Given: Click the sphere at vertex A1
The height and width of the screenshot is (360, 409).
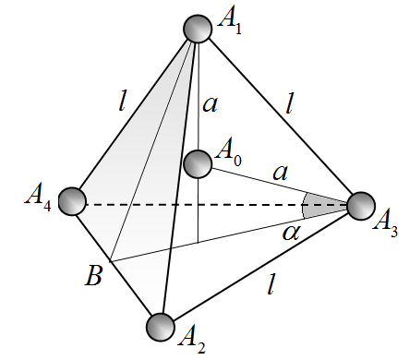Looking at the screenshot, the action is [198, 29].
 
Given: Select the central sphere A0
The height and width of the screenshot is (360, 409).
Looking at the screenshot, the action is [198, 163].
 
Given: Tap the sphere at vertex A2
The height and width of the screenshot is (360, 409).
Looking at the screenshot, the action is [161, 327].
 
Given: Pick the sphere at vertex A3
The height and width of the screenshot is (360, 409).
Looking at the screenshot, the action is [361, 206].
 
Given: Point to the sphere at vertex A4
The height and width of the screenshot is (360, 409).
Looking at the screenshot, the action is [72, 201].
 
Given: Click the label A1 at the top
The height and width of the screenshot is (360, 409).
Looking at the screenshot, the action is [230, 21].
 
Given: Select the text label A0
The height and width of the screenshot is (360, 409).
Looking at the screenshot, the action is [229, 154].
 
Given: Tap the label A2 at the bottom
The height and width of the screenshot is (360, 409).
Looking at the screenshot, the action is [192, 342].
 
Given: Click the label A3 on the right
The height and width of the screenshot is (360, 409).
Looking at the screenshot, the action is [386, 225].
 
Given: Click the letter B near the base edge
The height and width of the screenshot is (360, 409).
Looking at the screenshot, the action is [93, 276].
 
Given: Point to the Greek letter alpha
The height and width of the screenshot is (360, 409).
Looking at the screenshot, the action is [291, 233].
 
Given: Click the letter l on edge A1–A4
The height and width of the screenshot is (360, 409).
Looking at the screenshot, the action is [122, 102].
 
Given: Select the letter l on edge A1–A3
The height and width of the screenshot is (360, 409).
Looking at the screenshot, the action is [289, 104].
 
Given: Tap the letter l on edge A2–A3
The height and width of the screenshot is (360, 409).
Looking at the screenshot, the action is [271, 285].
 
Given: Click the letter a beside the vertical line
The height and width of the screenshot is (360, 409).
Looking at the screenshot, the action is [211, 104].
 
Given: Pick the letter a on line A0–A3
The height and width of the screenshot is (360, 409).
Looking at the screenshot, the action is [281, 173].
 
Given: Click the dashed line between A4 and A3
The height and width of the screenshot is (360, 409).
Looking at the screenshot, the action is [217, 205].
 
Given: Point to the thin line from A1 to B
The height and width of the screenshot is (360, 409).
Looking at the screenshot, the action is [152, 150].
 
